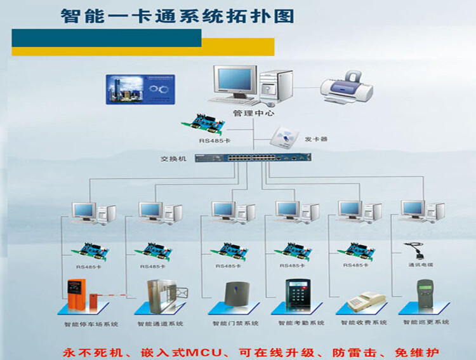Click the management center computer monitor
[235, 83]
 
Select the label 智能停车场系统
[91, 324]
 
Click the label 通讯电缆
[420, 265]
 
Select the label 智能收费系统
[364, 323]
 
